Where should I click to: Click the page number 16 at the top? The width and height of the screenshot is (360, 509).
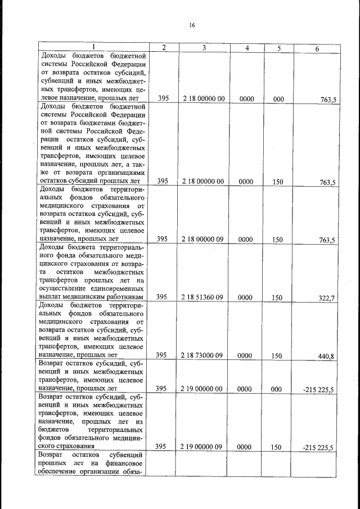click(192, 25)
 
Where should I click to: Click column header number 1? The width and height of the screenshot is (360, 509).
click(93, 48)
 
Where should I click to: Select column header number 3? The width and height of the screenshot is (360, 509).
click(204, 48)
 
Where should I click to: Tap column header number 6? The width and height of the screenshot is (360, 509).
click(317, 49)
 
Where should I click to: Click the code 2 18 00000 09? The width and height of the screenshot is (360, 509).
click(204, 239)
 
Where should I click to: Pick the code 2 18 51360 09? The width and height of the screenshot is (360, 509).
click(204, 297)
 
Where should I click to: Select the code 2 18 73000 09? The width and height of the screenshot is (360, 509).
click(204, 355)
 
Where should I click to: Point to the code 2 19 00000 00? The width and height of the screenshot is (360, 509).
click(204, 388)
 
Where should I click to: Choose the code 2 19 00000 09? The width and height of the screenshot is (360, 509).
click(204, 447)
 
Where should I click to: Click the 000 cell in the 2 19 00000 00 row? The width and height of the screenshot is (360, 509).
click(278, 388)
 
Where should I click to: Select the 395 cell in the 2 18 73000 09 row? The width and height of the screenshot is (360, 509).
click(163, 355)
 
